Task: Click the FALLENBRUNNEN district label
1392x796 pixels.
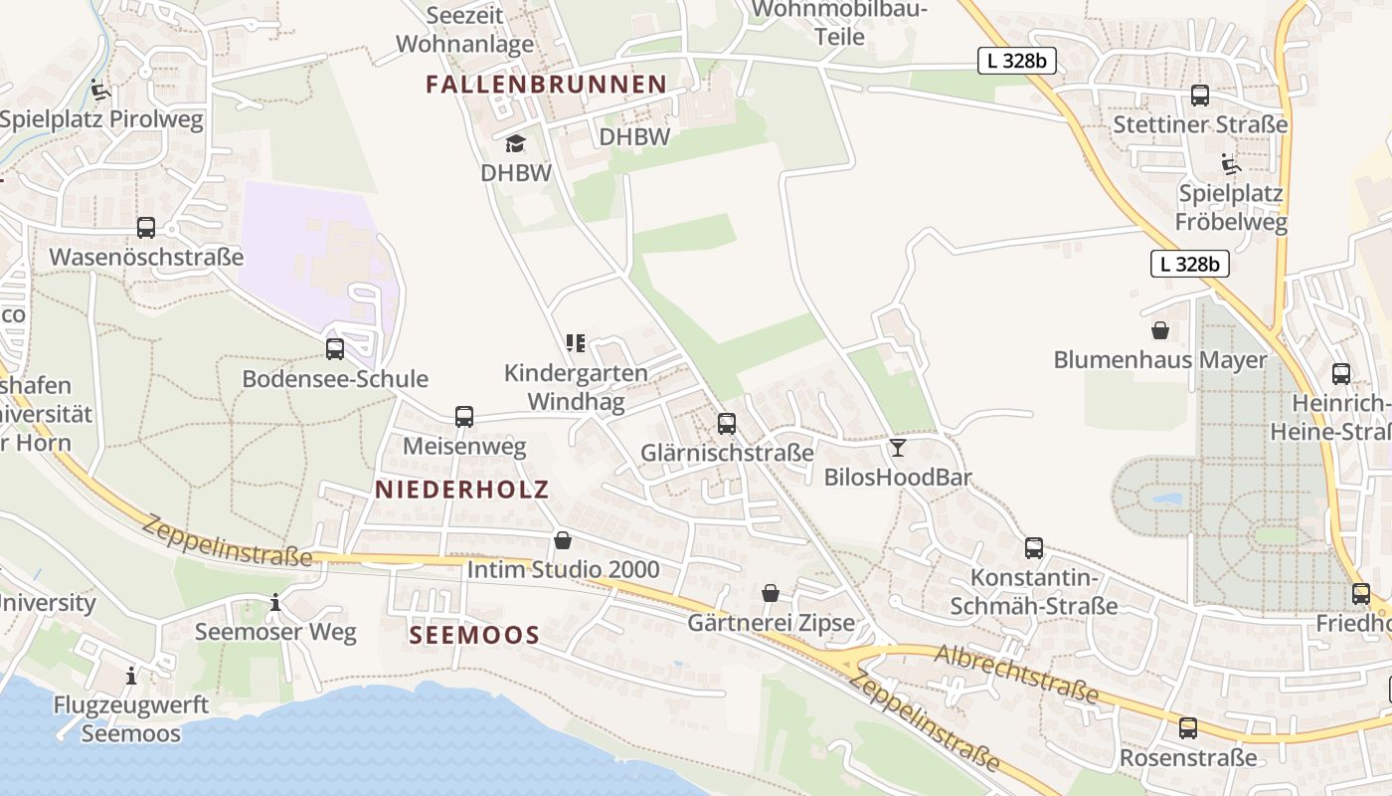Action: (546, 85)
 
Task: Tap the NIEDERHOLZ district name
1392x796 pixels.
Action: (461, 490)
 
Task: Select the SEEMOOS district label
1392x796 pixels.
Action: (474, 635)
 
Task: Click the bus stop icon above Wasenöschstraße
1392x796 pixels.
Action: (146, 228)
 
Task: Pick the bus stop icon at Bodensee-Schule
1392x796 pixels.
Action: (335, 349)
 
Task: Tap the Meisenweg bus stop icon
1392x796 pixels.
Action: (464, 417)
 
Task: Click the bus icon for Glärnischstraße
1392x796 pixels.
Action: (727, 424)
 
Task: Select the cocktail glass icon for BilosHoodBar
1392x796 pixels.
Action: (898, 448)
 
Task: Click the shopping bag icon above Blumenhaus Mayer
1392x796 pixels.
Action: (1159, 330)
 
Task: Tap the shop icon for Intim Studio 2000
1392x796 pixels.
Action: (563, 540)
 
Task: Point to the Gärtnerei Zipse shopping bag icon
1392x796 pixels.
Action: (771, 594)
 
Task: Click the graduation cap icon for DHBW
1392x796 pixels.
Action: (515, 144)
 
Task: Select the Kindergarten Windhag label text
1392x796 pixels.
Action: (576, 387)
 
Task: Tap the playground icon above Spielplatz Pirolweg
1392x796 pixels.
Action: (100, 91)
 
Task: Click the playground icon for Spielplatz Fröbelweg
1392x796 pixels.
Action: (1231, 163)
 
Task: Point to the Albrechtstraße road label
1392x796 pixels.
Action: (1016, 673)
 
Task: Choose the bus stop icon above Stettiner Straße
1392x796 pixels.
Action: (1200, 96)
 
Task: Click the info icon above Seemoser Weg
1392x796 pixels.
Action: (275, 603)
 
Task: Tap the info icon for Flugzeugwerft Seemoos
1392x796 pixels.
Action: (131, 677)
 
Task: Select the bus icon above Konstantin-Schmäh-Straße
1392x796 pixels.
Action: (1034, 548)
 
